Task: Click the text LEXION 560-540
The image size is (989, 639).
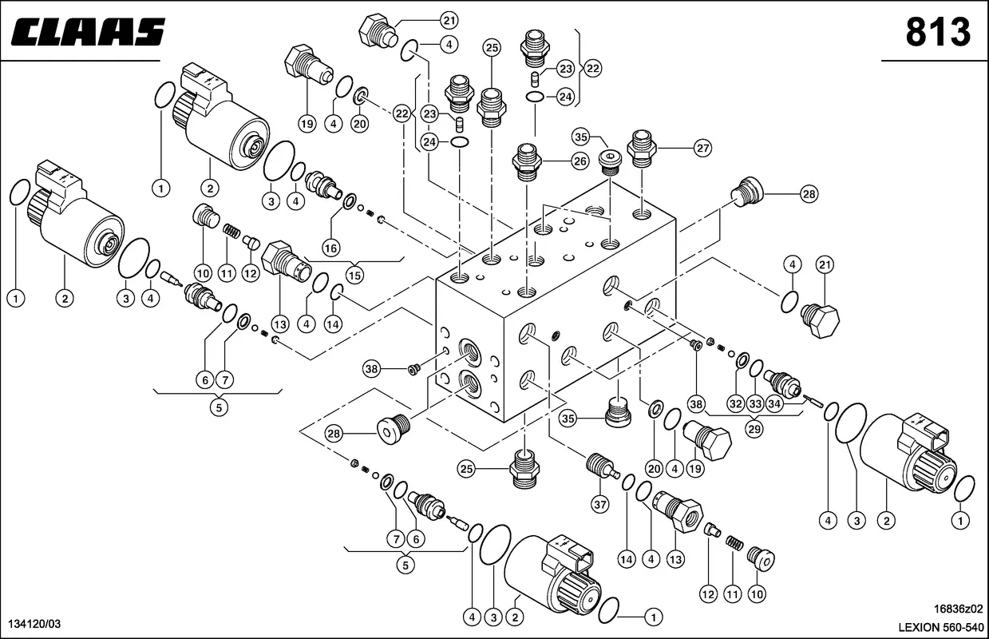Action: click(x=942, y=625)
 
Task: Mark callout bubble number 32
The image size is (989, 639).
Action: click(x=735, y=403)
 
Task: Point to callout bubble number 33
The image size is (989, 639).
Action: click(x=755, y=403)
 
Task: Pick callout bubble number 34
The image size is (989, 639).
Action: click(x=773, y=403)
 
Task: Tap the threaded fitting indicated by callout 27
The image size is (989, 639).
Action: click(x=642, y=149)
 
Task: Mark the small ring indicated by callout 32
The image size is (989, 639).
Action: click(x=742, y=359)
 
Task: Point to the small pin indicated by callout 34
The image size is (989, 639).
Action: click(x=815, y=400)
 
